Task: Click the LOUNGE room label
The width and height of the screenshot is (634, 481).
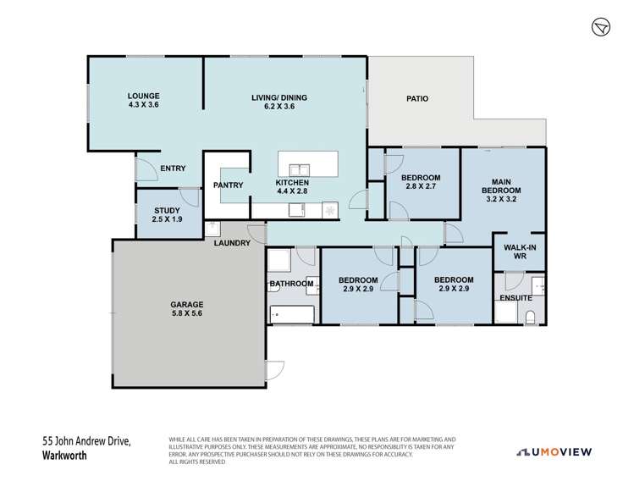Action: click(x=144, y=96)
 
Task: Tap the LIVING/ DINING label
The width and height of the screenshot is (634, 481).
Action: click(x=278, y=97)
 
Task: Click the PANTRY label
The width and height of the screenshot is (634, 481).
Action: click(x=229, y=185)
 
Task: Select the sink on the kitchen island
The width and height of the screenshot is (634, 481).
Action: click(x=300, y=165)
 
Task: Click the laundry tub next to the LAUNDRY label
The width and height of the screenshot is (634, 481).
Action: click(x=212, y=228)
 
